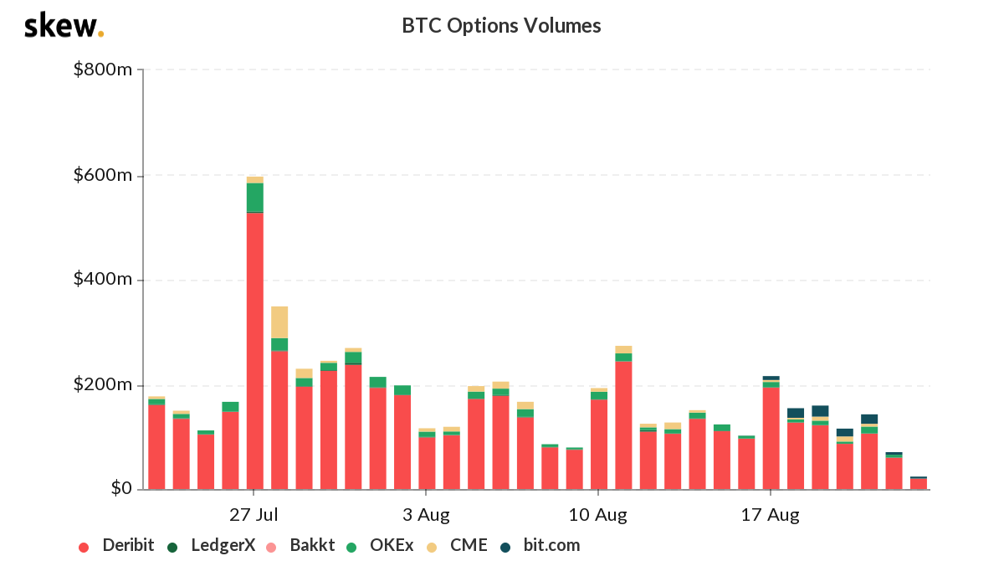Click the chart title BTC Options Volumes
[x=501, y=26]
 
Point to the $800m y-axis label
[x=103, y=69]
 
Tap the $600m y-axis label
[x=103, y=175]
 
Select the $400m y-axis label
[x=103, y=280]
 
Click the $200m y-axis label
[x=103, y=384]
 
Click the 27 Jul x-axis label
[x=254, y=513]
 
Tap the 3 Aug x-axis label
[x=426, y=513]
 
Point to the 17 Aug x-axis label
[x=770, y=513]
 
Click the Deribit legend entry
[x=117, y=546]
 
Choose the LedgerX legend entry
[x=213, y=546]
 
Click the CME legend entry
[x=458, y=546]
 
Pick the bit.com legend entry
[x=540, y=546]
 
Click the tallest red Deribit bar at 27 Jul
[x=255, y=352]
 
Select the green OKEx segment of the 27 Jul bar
[x=255, y=197]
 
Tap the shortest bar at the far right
[x=919, y=483]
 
